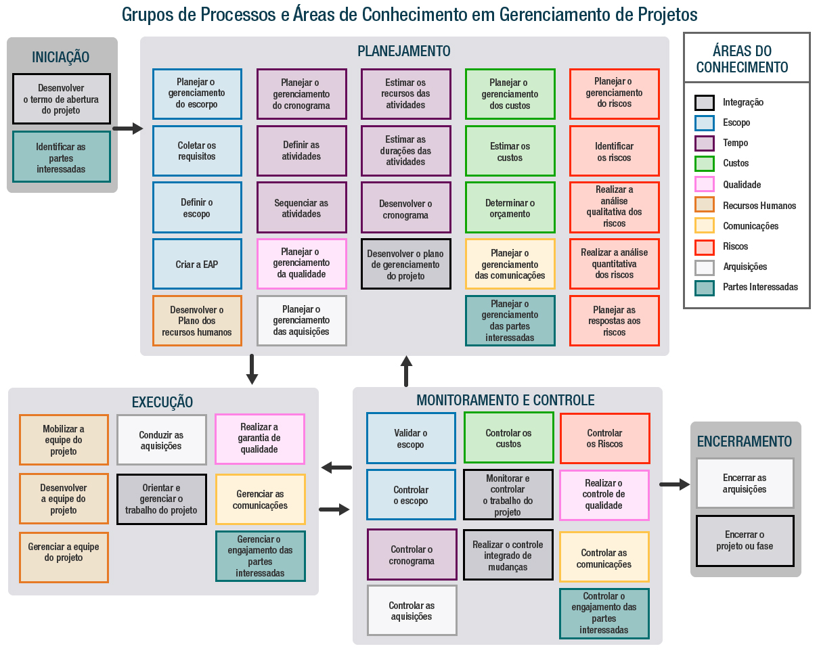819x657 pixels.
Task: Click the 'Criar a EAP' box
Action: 197,264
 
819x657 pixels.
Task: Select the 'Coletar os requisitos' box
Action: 197,151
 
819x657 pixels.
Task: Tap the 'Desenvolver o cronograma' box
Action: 405,208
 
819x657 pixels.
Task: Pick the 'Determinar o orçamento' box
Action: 510,208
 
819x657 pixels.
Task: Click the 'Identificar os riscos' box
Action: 614,152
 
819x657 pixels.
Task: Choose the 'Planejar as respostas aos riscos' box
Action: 614,321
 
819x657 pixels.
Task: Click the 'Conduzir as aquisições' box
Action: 161,440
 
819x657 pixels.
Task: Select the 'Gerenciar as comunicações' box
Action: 260,499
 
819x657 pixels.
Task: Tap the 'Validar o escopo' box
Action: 411,438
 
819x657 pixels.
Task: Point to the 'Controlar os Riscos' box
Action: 604,438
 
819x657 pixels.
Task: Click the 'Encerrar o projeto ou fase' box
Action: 745,540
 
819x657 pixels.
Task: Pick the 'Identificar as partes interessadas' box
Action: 61,158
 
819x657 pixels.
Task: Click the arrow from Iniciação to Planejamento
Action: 127,129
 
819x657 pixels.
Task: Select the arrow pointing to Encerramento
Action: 674,484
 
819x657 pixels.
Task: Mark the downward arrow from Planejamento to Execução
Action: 252,369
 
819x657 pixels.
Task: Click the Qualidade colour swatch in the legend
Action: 704,185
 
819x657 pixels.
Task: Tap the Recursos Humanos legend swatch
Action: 704,205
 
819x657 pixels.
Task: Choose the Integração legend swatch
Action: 704,102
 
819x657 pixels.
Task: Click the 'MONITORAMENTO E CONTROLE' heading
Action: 506,400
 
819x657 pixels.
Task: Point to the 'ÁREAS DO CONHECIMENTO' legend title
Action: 742,59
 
